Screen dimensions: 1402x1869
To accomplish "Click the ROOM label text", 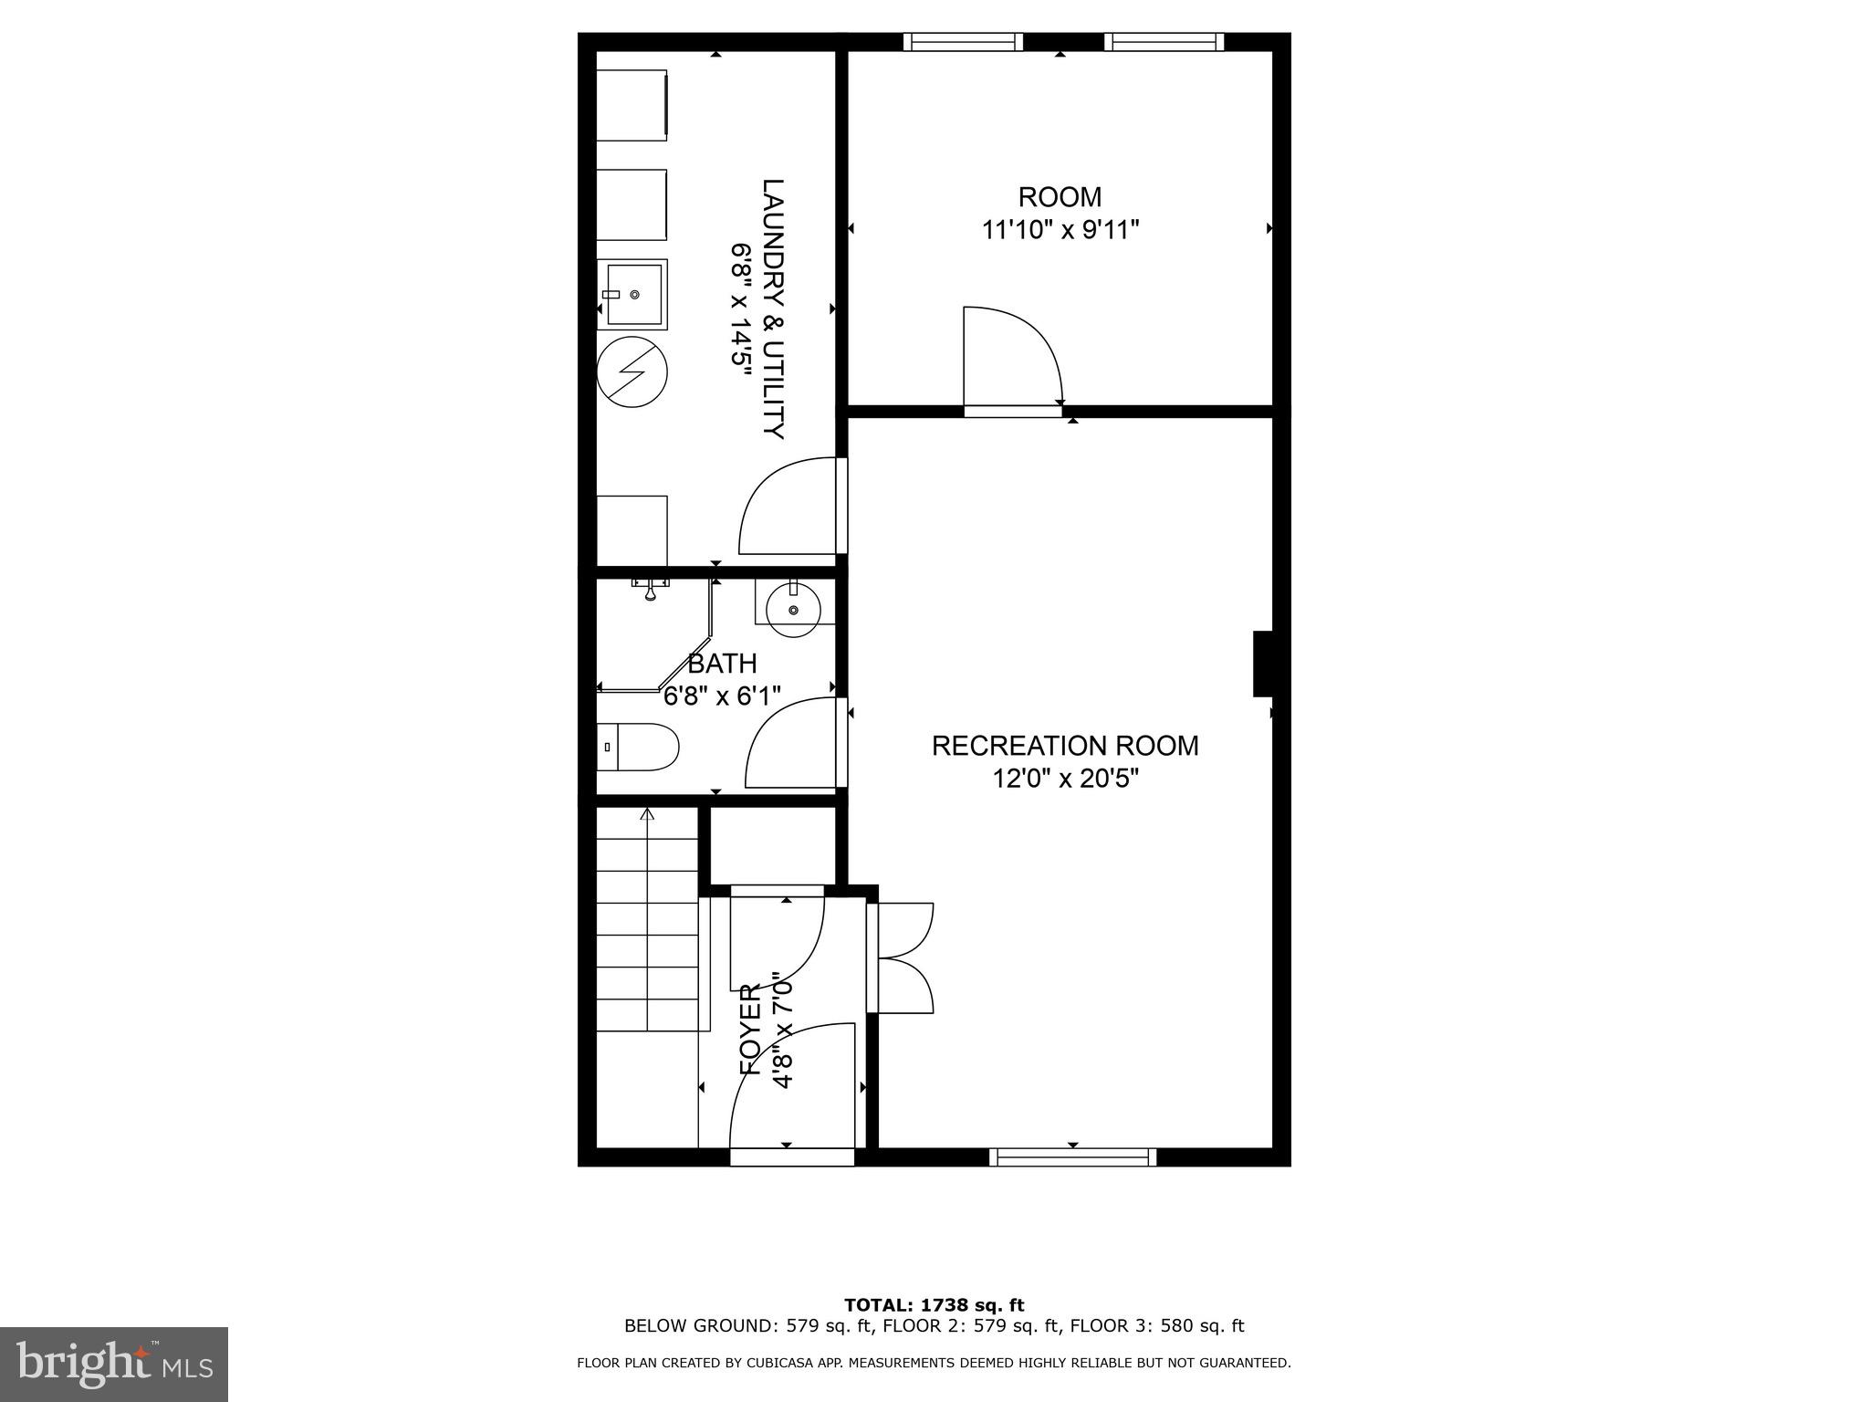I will [x=1060, y=197].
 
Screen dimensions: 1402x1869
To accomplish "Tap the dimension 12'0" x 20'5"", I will [x=1065, y=779].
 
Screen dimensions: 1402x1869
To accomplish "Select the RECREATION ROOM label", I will [x=1065, y=746].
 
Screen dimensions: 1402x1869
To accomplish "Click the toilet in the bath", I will [x=638, y=747].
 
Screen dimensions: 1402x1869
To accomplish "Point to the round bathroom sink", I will [x=792, y=610].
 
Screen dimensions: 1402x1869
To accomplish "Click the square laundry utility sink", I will [x=632, y=295].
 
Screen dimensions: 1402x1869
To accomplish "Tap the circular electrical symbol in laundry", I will [x=632, y=371].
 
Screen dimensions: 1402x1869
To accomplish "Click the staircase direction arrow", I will [x=648, y=815].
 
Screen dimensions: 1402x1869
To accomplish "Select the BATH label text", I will [x=722, y=664].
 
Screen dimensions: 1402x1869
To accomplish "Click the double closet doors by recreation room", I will [x=903, y=957].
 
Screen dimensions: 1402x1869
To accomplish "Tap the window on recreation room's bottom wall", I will [x=1072, y=1157].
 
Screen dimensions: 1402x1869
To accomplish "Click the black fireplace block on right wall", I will [x=1263, y=664].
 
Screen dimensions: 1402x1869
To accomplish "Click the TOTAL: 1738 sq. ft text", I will [x=934, y=1305].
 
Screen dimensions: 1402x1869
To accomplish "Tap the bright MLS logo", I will [x=113, y=1365].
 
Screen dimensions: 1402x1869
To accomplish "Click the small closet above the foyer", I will [x=773, y=845].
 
